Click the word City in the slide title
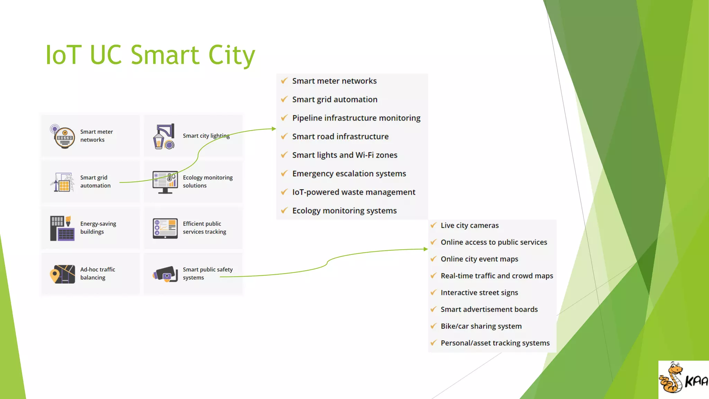pyautogui.click(x=231, y=55)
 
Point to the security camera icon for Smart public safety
pyautogui.click(x=165, y=274)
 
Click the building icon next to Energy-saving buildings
pyautogui.click(x=62, y=228)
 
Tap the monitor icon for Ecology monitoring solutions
pyautogui.click(x=165, y=181)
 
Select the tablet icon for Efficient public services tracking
pyautogui.click(x=165, y=228)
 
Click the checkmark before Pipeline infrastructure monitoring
pyautogui.click(x=284, y=118)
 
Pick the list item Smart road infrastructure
pyautogui.click(x=340, y=136)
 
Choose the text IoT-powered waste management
pyautogui.click(x=353, y=192)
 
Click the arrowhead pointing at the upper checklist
pyautogui.click(x=274, y=129)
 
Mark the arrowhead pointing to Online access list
pyautogui.click(x=425, y=249)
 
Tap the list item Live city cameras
pyautogui.click(x=469, y=225)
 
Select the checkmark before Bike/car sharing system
pyautogui.click(x=433, y=326)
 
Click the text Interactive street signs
pyautogui.click(x=479, y=293)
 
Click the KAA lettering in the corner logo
pyautogui.click(x=696, y=381)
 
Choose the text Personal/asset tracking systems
pyautogui.click(x=495, y=343)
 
